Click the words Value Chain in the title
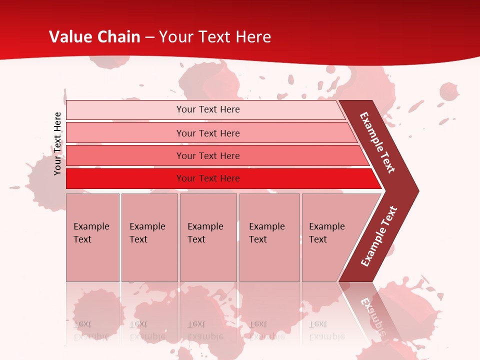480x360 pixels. point(95,37)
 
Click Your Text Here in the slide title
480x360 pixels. point(215,37)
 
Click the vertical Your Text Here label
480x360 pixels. point(57,143)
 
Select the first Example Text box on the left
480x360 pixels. point(92,237)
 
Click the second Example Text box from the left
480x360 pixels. point(149,237)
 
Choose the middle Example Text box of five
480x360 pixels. point(208,237)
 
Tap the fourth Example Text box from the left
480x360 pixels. point(269,237)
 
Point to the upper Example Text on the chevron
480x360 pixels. point(377,142)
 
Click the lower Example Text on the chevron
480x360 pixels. point(379,236)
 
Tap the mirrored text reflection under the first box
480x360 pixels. point(91,330)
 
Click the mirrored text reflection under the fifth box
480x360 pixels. point(326,330)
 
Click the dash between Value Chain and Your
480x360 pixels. point(149,37)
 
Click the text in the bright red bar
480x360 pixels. point(208,178)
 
